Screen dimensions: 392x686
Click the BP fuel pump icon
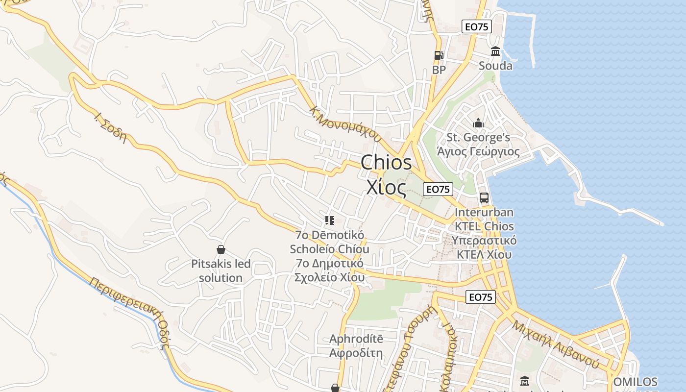coord(439,55)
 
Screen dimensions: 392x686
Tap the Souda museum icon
coord(495,51)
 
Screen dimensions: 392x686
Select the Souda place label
coord(495,66)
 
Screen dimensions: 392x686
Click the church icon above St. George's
coord(478,123)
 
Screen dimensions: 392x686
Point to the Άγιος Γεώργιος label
coord(478,151)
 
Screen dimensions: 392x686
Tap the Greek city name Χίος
coord(386,187)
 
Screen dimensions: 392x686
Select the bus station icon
coord(484,198)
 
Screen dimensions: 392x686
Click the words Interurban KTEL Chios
coord(484,219)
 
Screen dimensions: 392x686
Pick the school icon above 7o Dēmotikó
coord(329,220)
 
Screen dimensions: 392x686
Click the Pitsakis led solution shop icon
coord(221,250)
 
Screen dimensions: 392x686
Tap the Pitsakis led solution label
coord(221,270)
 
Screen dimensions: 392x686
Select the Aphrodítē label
coord(356,339)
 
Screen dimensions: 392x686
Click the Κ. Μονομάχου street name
coord(346,123)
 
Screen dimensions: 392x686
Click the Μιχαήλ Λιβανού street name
coord(556,344)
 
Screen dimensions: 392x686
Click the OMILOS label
coord(635,382)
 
